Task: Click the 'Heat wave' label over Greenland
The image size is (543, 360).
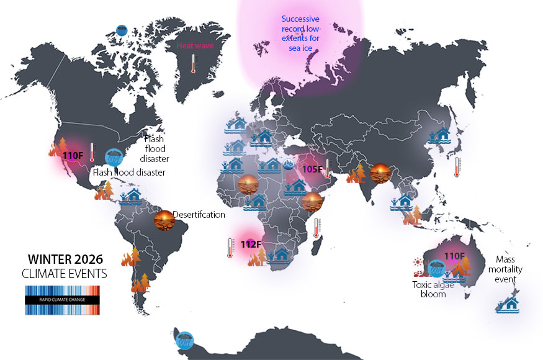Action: point(192,45)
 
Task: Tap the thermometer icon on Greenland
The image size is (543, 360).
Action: point(194,63)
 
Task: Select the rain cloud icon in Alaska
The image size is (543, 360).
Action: point(122,29)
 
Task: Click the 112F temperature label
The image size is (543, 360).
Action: point(250,244)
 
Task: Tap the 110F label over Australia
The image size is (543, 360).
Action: point(454,256)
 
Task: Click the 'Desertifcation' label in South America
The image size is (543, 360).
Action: point(199,215)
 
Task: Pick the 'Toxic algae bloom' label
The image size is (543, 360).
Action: point(433,289)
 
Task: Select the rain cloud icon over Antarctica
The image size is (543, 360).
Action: point(184,340)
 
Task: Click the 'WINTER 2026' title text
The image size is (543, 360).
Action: point(65,259)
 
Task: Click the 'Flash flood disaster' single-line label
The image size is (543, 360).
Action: point(128,172)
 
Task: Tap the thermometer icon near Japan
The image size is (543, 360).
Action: point(457,167)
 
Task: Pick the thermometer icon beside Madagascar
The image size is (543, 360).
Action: point(316,228)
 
